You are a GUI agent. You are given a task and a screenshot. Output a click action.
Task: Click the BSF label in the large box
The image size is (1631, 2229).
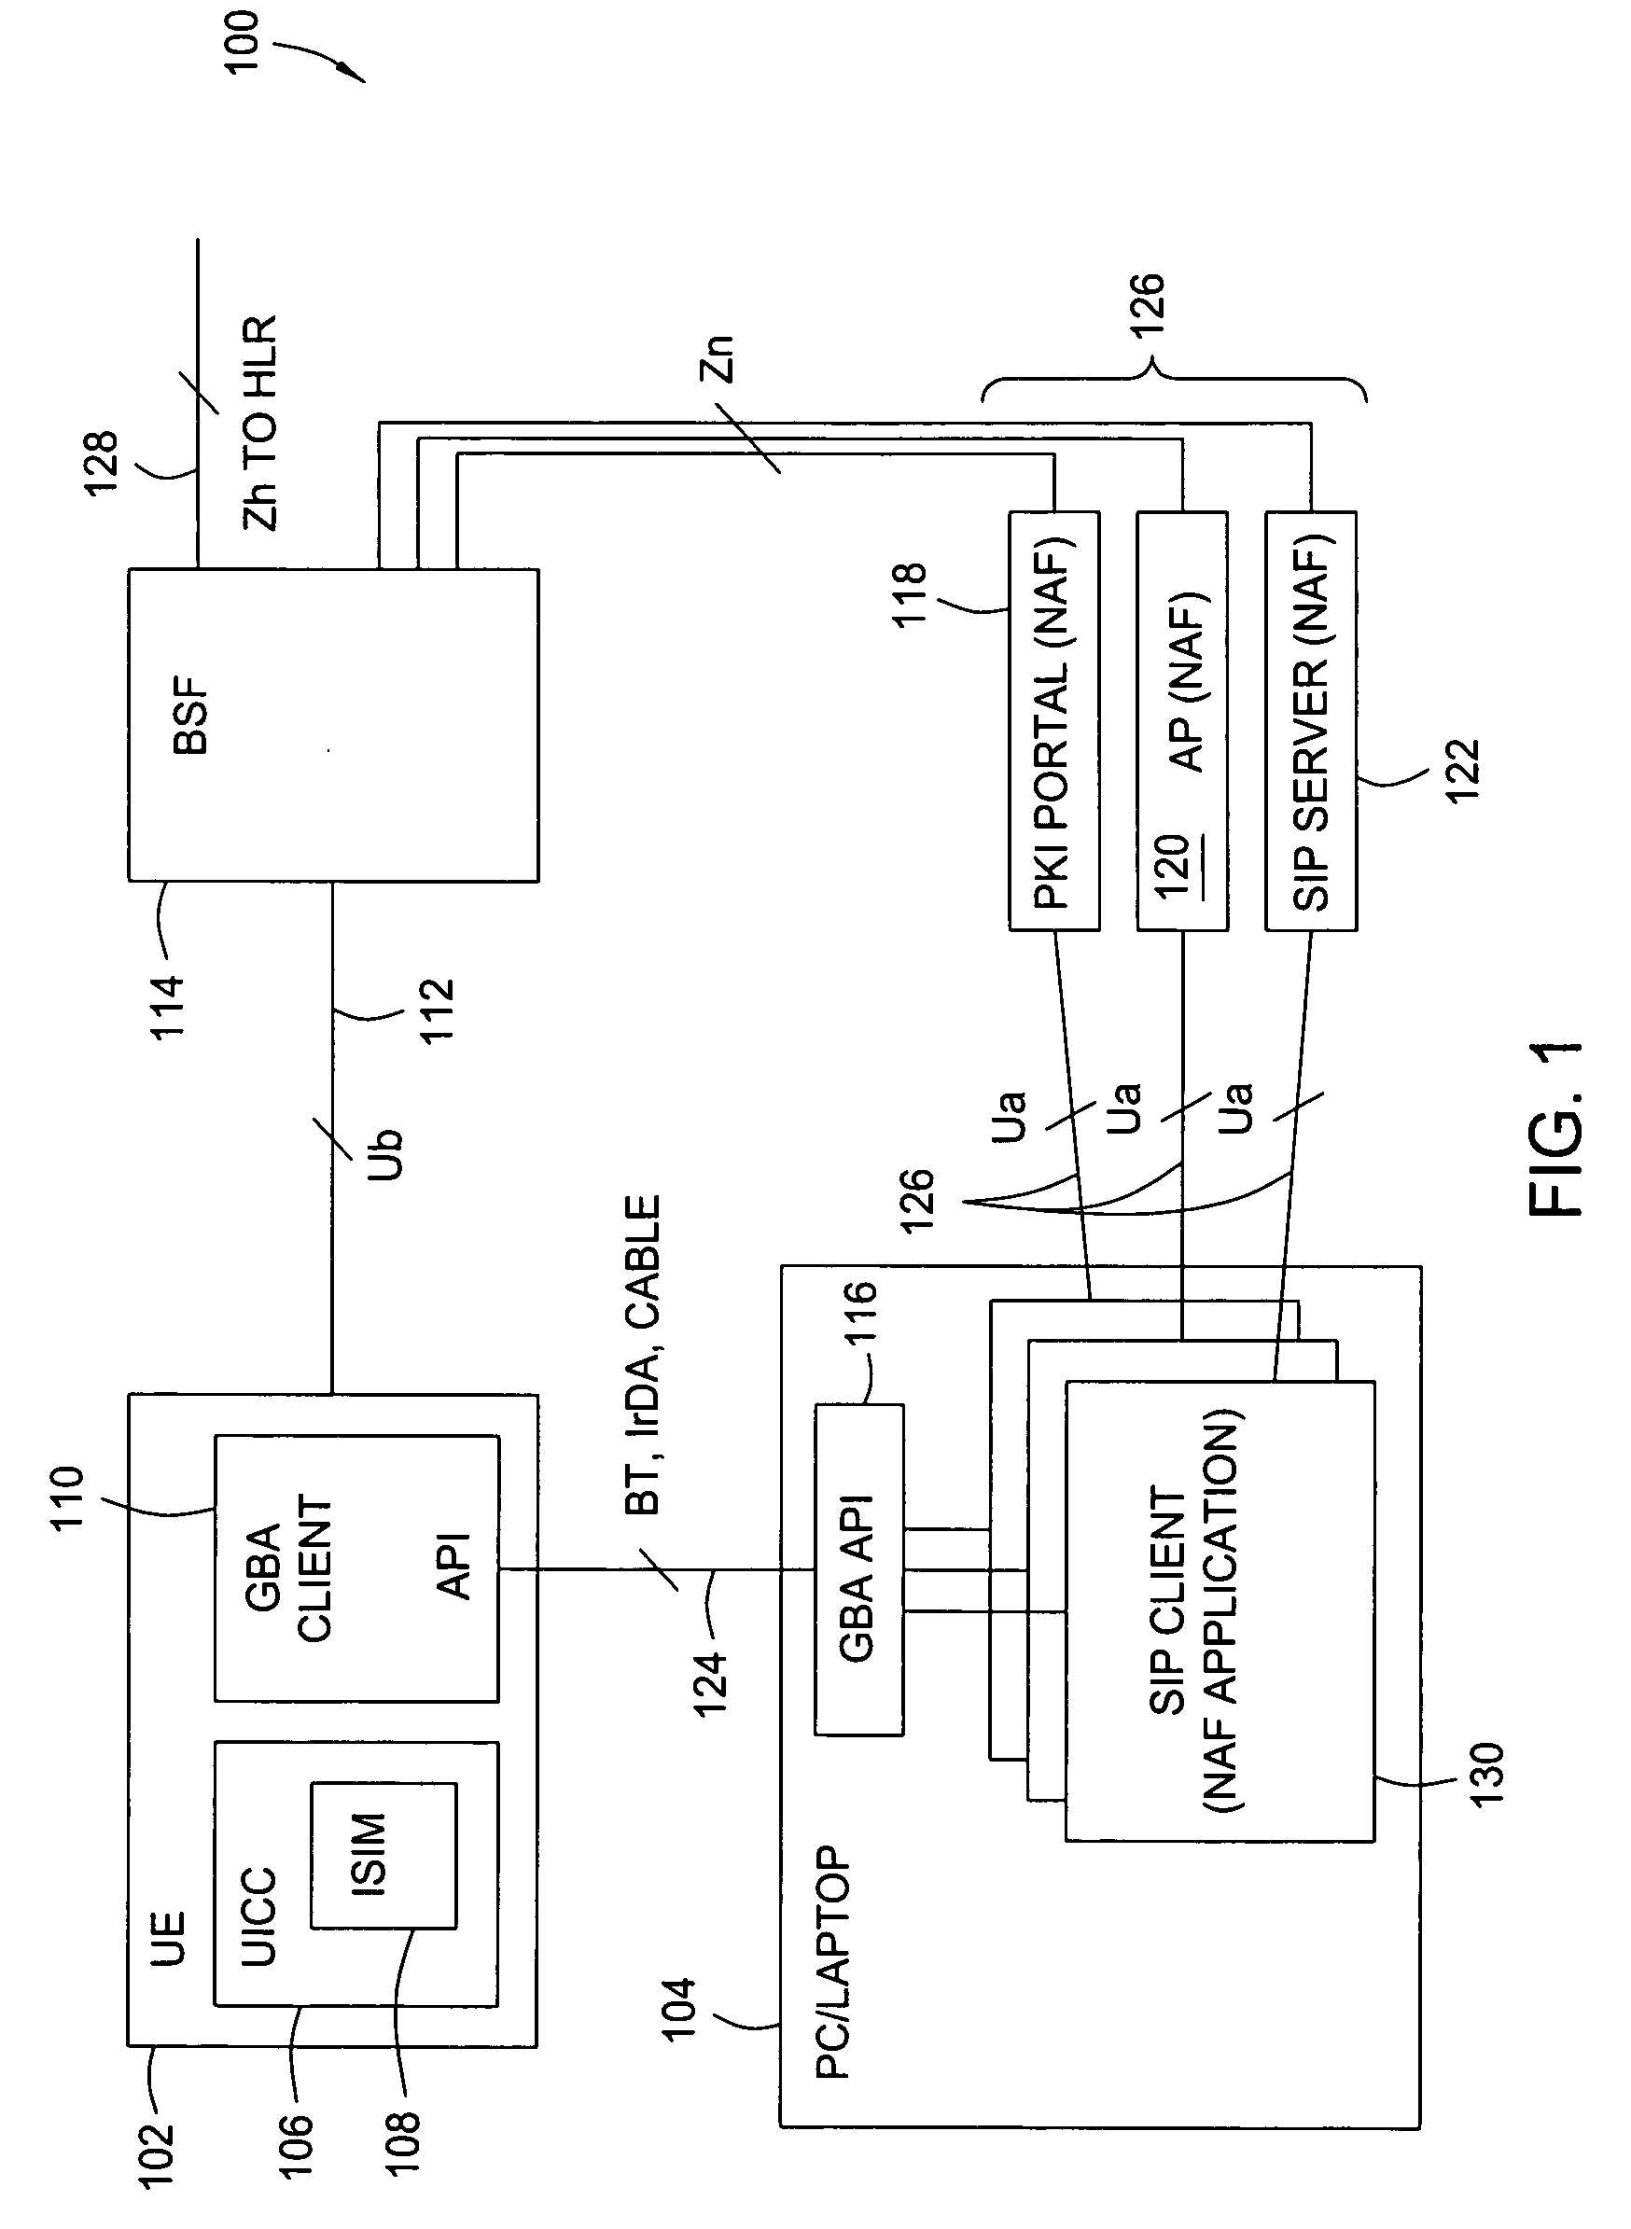(x=191, y=716)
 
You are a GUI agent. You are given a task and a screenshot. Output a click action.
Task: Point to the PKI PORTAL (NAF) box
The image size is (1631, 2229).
(x=1053, y=721)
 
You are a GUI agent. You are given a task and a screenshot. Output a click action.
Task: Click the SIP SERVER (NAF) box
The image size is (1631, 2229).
(x=1311, y=721)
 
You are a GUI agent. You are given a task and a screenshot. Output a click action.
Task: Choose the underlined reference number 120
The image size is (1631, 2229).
(x=1173, y=867)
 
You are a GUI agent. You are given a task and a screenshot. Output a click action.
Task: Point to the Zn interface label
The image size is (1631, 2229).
(x=718, y=358)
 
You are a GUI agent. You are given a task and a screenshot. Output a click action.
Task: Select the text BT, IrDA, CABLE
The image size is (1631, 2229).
(x=643, y=1356)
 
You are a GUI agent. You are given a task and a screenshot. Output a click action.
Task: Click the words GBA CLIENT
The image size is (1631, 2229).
(x=287, y=1569)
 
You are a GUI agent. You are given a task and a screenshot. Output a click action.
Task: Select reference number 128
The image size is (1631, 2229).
(x=102, y=463)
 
